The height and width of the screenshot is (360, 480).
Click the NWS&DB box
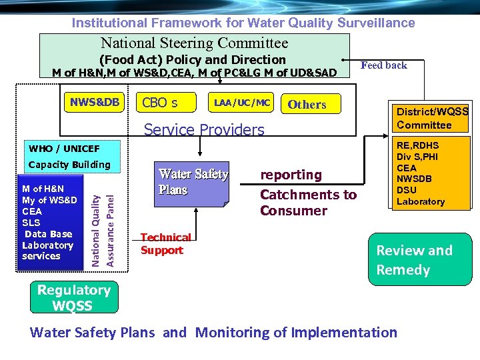tap(95, 102)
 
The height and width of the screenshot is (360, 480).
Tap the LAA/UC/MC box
tap(241, 102)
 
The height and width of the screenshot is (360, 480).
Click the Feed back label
tap(383, 65)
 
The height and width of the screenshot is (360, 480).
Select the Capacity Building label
tap(69, 165)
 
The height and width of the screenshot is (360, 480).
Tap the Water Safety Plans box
tap(193, 182)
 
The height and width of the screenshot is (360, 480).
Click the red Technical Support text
tap(165, 243)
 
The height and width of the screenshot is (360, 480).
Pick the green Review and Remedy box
tap(414, 260)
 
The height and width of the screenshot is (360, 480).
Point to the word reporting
tap(291, 175)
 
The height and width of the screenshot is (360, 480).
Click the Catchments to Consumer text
tap(307, 203)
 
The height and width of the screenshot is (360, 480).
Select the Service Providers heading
tap(204, 129)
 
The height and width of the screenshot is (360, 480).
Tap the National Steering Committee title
tap(194, 43)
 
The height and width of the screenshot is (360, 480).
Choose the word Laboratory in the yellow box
tap(420, 201)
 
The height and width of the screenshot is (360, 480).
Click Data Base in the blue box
tap(48, 234)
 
